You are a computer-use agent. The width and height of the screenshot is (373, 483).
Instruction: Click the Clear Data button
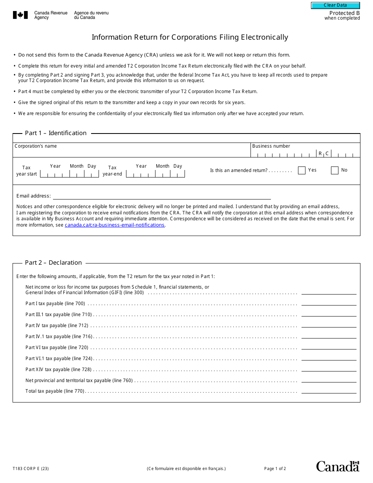(x=335, y=5)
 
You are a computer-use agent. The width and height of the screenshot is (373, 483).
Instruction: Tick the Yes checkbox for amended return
(x=302, y=170)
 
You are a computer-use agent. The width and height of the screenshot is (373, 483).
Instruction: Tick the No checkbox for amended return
(x=335, y=170)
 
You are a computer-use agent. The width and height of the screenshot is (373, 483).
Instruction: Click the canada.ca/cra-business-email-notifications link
(x=114, y=225)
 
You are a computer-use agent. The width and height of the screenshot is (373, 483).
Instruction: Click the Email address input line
(x=162, y=196)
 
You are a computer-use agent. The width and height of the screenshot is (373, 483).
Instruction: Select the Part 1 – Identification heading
(x=56, y=133)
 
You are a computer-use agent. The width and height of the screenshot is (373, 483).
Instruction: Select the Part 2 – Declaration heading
(x=53, y=263)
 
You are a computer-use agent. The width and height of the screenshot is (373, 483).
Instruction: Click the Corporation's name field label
(x=36, y=146)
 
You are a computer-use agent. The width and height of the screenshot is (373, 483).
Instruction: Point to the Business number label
(x=271, y=146)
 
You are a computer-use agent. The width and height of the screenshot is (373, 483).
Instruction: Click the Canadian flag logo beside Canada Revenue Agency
(x=20, y=15)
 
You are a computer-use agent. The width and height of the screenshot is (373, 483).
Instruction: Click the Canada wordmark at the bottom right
(x=338, y=467)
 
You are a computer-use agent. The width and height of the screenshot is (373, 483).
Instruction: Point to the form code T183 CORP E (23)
(x=31, y=468)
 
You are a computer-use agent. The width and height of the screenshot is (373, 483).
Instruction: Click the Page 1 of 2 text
(x=275, y=468)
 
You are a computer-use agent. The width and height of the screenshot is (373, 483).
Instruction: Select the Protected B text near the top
(x=344, y=13)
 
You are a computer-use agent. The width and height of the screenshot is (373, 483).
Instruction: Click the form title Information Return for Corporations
(x=190, y=37)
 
